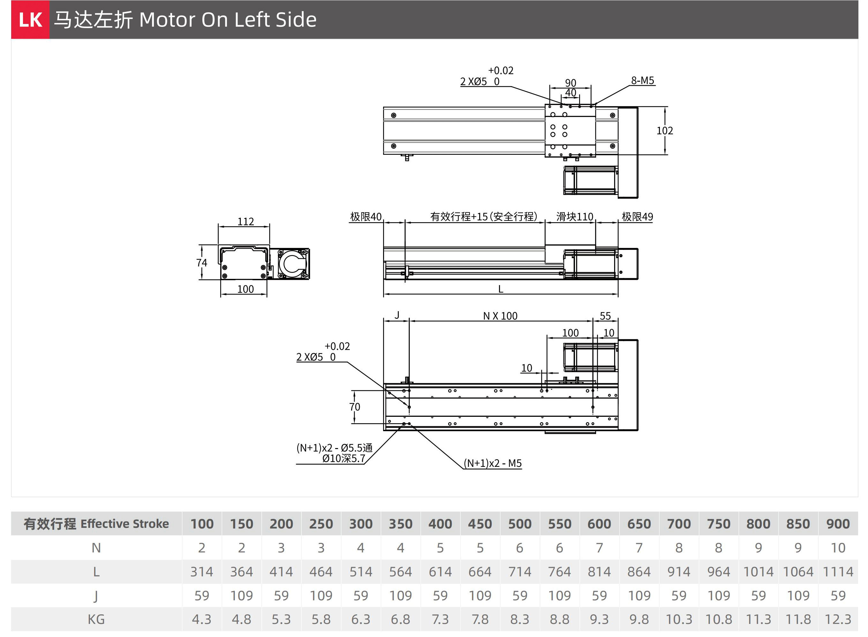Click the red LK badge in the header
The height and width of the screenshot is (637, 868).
[30, 19]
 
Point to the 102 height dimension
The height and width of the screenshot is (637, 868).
[665, 131]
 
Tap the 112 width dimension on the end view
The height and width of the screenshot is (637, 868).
[245, 221]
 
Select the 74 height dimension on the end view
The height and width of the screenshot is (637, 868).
[202, 263]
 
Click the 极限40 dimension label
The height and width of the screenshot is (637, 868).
[366, 217]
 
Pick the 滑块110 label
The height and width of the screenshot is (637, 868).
[575, 217]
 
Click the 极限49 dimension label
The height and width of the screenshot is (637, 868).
[638, 217]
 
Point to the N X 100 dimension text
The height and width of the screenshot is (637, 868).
[500, 316]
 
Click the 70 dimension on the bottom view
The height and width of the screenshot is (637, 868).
[355, 407]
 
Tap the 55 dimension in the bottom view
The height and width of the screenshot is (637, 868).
[605, 316]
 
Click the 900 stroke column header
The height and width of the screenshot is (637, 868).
[838, 524]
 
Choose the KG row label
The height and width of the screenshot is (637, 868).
[96, 619]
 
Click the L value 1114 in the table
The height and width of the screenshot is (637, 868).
[838, 572]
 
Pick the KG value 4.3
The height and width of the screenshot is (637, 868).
[202, 619]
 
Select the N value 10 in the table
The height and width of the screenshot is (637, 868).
[838, 548]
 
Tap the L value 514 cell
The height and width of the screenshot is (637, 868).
[361, 572]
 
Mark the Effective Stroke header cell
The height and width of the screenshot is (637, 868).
[96, 524]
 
